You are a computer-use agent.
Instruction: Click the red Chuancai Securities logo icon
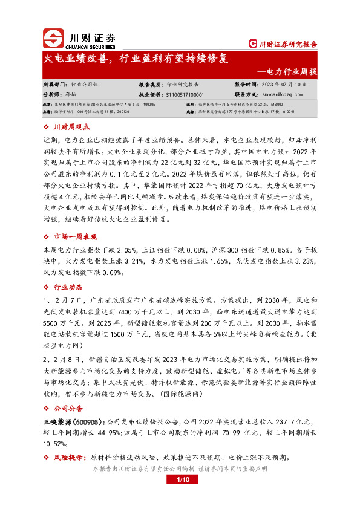click(x=53, y=37)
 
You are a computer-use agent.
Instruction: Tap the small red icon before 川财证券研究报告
click(x=253, y=44)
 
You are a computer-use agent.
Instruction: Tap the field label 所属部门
click(x=54, y=85)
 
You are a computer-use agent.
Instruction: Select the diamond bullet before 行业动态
click(x=47, y=287)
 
